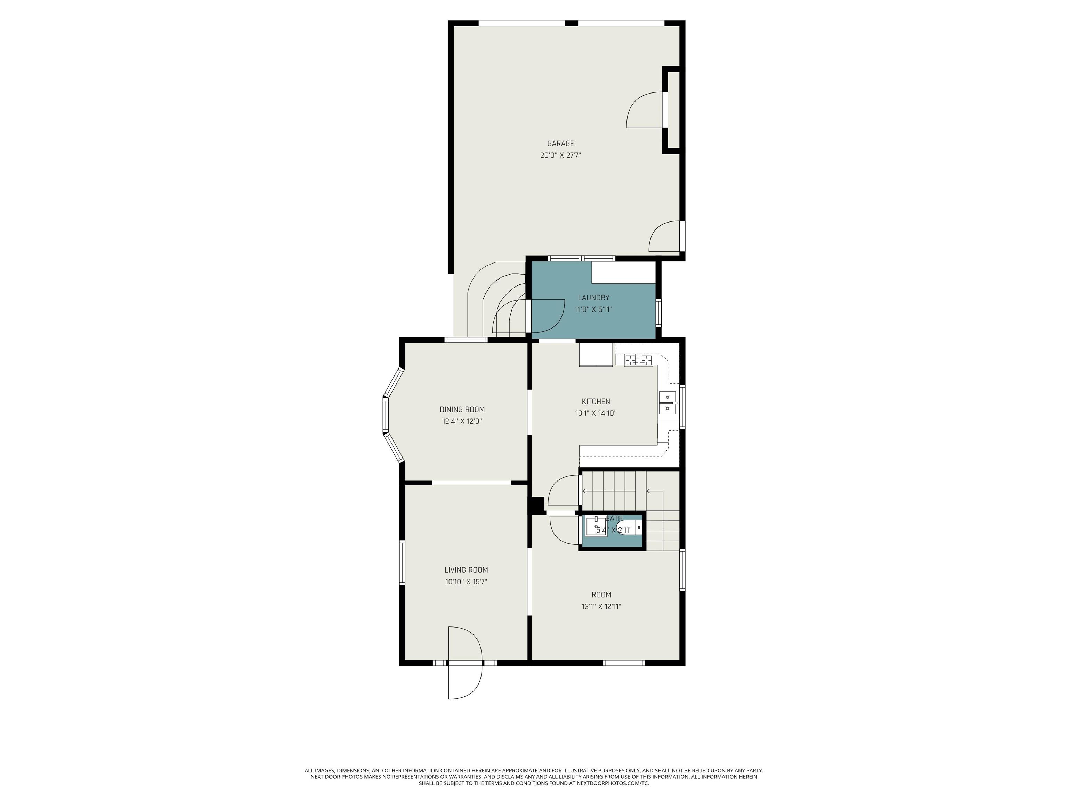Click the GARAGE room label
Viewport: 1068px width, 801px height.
[560, 143]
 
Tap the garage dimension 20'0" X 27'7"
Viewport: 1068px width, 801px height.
[560, 155]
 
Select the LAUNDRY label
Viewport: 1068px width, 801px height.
[593, 297]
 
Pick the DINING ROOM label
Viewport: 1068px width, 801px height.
[462, 410]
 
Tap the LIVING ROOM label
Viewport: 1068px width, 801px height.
[466, 570]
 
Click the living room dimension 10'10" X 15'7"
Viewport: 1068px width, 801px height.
[466, 582]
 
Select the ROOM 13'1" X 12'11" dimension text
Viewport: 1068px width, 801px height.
[601, 606]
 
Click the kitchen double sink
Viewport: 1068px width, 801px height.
[667, 403]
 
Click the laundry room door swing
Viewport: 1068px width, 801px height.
[548, 316]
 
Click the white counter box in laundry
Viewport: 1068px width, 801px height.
[623, 273]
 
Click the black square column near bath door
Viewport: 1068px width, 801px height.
[536, 505]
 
